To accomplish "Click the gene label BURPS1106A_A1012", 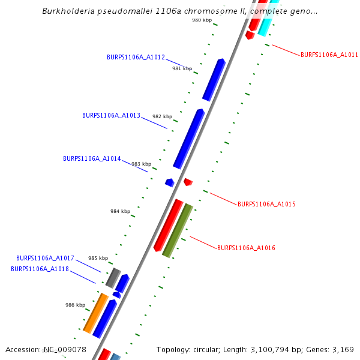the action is (x=136, y=58).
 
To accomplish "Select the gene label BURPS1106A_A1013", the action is (x=111, y=115).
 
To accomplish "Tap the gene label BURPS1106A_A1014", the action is (x=92, y=159).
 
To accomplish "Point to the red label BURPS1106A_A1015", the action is (x=266, y=205).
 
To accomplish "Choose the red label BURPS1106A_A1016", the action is (x=246, y=248).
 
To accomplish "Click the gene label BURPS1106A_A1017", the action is (x=45, y=258).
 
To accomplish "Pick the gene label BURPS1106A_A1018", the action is (x=40, y=269).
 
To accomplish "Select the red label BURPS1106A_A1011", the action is (x=329, y=55).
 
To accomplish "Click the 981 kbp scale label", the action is (x=182, y=69).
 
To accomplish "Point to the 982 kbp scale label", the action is (x=162, y=116).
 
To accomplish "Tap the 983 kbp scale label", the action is (x=142, y=164).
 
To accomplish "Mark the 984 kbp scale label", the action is (x=120, y=211).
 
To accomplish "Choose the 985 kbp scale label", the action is (x=98, y=258).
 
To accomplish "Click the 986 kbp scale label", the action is (x=75, y=305).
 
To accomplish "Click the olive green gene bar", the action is (x=178, y=230).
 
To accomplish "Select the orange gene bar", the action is (x=95, y=313).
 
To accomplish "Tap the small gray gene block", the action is (x=113, y=277).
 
